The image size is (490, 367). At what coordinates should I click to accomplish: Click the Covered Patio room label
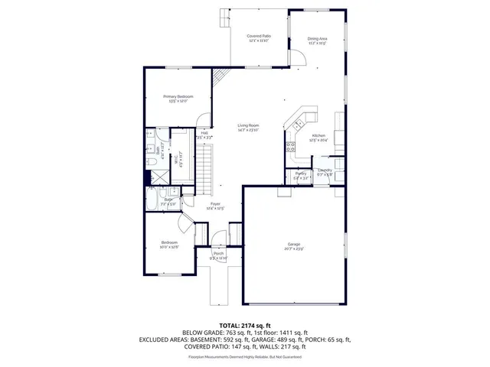(259, 37)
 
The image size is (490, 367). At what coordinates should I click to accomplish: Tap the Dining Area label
(317, 39)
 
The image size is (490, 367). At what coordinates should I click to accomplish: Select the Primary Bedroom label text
(178, 97)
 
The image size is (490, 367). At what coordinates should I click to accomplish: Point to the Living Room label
(247, 125)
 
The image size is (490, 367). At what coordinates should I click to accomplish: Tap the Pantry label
(301, 174)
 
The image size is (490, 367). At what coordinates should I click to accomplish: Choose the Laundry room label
(325, 171)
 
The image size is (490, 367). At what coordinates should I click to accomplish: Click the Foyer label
(216, 205)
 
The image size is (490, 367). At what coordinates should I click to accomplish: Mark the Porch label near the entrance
(219, 254)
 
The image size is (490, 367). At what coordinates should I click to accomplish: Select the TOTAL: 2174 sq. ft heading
(244, 326)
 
